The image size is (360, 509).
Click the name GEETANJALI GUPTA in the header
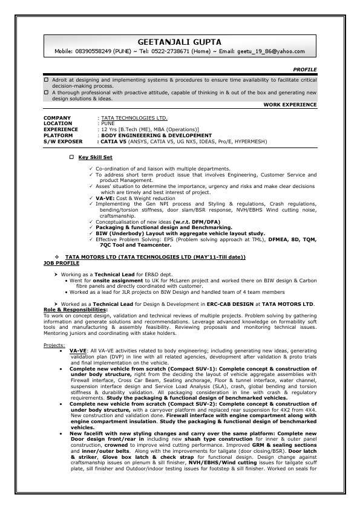coord(180,42)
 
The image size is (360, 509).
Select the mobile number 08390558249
coord(96,53)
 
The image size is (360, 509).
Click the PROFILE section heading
coord(304,70)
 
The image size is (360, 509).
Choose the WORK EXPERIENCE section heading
coord(290,105)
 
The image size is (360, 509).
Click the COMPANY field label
coord(57,118)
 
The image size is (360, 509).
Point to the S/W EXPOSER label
coord(63,141)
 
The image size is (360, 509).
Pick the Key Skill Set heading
coord(96,157)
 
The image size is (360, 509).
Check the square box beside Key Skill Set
coord(71,157)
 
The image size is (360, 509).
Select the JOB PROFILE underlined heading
coord(61,263)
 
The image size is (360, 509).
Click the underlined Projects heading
coord(54,345)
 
